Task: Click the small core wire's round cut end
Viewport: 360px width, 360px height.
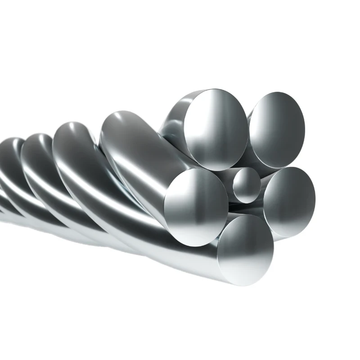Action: [246, 185]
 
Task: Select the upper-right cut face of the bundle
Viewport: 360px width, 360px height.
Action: [277, 130]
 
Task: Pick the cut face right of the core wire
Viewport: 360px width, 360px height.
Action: [289, 201]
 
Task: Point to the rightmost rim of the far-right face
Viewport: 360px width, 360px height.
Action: [315, 200]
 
